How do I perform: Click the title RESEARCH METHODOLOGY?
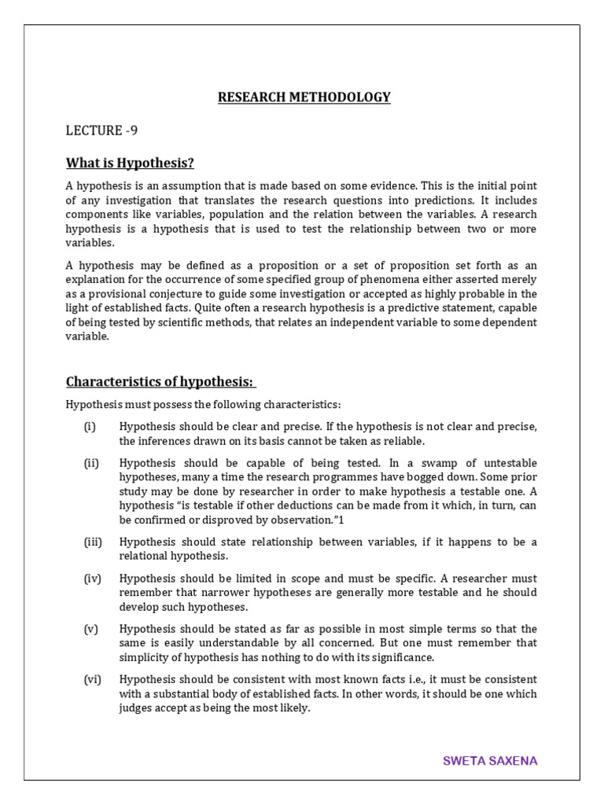[x=304, y=97]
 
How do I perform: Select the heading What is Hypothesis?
[x=130, y=163]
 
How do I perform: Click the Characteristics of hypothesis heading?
[x=160, y=381]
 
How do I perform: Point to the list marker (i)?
[x=90, y=426]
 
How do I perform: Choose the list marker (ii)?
[x=91, y=462]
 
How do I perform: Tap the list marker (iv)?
[x=92, y=578]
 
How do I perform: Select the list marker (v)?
[x=90, y=628]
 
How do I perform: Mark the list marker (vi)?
[x=92, y=679]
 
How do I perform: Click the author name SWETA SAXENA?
[x=490, y=761]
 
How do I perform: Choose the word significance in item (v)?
[x=400, y=657]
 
